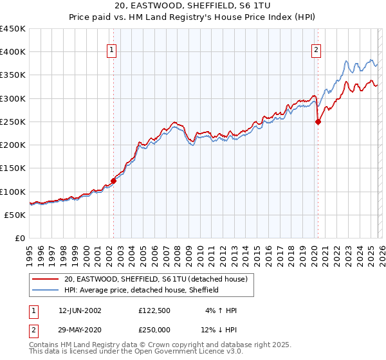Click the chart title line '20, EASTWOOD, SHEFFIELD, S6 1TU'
coord(193,6)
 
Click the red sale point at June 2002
coord(113,181)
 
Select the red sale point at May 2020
coord(317,122)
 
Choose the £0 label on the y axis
coord(19,239)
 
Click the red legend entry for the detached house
coord(160,279)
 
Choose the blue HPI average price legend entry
coord(142,290)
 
